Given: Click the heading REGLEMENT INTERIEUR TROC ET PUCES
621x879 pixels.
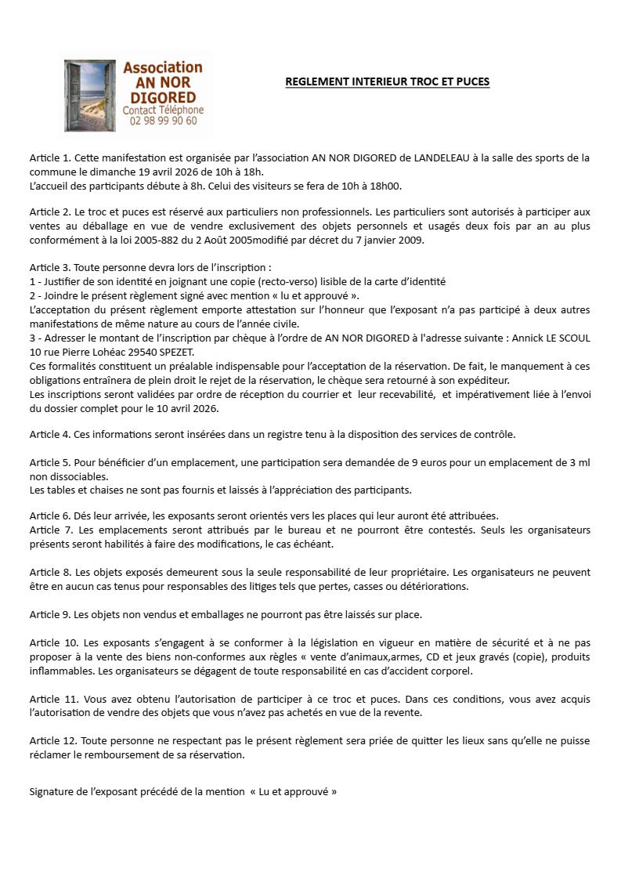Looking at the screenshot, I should pos(387,81).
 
